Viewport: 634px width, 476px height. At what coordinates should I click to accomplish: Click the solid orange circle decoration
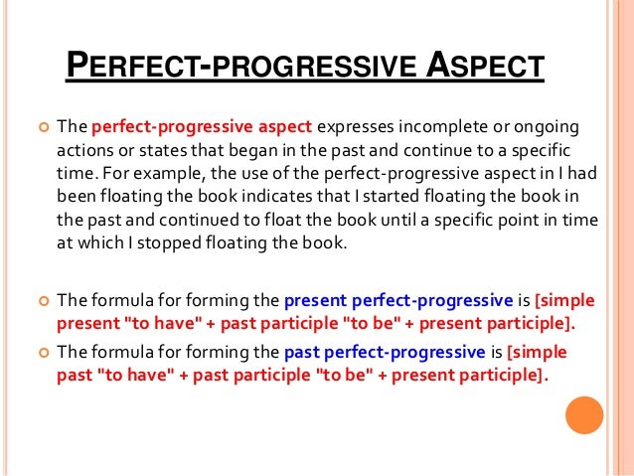(585, 415)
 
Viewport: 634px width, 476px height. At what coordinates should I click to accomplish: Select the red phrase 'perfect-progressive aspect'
(202, 127)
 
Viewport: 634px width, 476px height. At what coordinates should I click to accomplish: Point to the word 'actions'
(82, 150)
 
